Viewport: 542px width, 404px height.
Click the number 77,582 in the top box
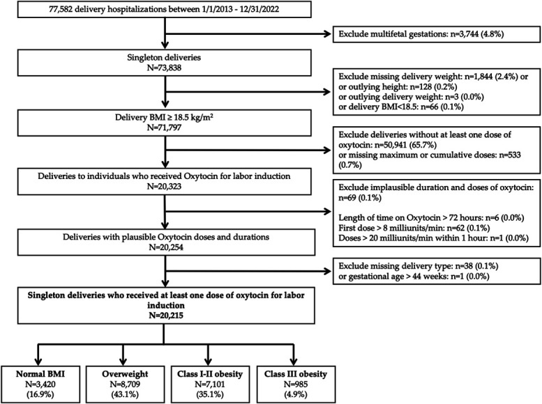pyautogui.click(x=61, y=9)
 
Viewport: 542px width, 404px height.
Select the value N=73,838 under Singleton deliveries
pyautogui.click(x=164, y=68)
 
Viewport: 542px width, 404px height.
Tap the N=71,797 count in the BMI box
pyautogui.click(x=164, y=127)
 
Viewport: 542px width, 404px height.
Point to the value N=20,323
pyautogui.click(x=164, y=187)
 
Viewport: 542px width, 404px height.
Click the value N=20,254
pyautogui.click(x=166, y=247)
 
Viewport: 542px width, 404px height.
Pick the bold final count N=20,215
pyautogui.click(x=166, y=316)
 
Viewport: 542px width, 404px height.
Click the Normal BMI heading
pyautogui.click(x=40, y=374)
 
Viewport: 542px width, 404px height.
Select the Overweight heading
pyautogui.click(x=125, y=374)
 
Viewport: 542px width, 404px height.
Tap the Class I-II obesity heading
pyautogui.click(x=210, y=374)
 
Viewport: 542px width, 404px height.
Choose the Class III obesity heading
pyautogui.click(x=296, y=374)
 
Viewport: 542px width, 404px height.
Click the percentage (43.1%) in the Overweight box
pyautogui.click(x=125, y=394)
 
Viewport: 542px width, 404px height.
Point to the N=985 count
pyautogui.click(x=296, y=384)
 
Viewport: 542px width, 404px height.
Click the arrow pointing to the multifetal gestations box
pyautogui.click(x=248, y=34)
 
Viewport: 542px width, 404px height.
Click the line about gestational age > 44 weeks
pyautogui.click(x=414, y=277)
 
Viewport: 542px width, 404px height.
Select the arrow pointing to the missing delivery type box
pyautogui.click(x=248, y=271)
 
